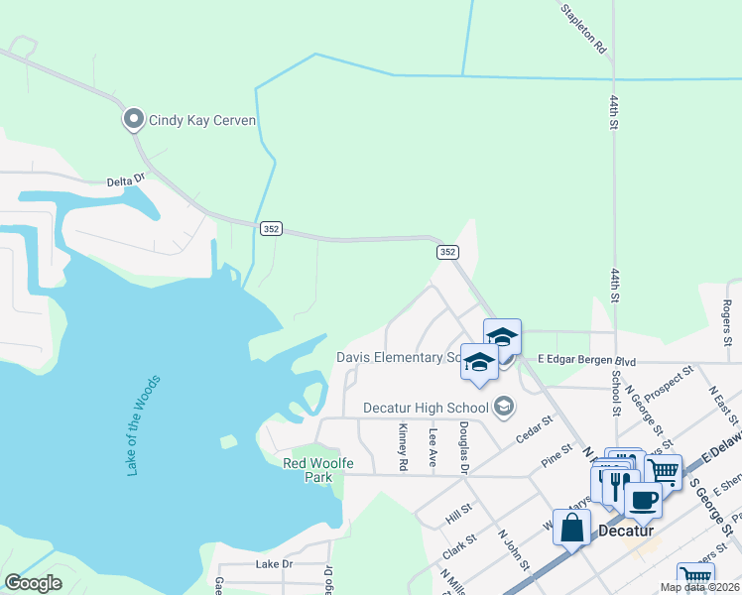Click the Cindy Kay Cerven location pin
133,120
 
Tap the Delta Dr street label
126,181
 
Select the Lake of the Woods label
144,425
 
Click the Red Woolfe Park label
307,470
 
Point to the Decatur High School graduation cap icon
504,407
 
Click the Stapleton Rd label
583,28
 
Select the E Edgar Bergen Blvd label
585,360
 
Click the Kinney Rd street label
403,447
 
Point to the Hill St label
458,514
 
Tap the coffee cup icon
643,501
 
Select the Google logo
34,583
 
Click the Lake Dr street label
275,564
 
